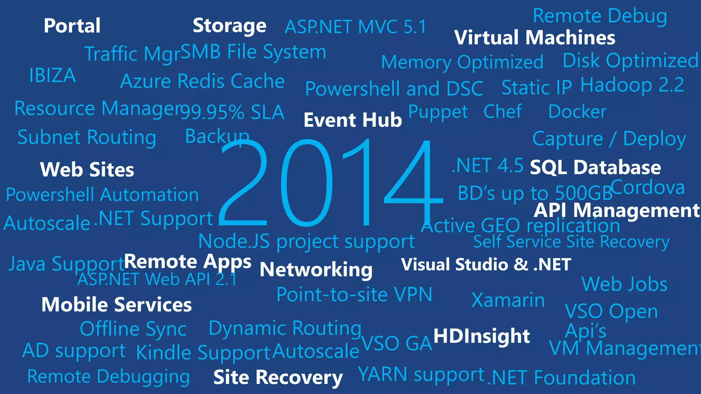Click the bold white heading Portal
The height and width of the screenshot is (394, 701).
72,26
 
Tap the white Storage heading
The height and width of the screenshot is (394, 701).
229,26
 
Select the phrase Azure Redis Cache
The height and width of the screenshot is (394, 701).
202,81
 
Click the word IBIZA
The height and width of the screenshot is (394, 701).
52,76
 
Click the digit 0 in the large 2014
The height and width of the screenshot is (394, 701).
306,183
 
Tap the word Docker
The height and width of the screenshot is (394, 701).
577,112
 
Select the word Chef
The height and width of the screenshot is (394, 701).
502,111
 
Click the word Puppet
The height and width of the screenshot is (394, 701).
438,112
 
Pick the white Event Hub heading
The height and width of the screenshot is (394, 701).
353,120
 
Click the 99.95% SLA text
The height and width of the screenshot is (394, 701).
232,112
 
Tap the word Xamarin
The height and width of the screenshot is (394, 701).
508,300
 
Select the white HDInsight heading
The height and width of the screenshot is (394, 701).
482,336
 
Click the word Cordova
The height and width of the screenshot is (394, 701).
648,188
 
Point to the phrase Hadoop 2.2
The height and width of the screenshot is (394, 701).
632,85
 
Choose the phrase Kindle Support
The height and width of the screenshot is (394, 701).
203,353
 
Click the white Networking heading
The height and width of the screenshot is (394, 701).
316,270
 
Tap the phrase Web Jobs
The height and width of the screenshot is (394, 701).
624,284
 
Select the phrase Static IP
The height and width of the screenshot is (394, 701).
536,88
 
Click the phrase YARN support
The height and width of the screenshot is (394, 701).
421,374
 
